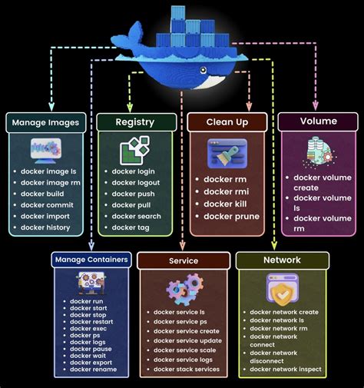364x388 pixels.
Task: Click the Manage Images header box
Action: tap(47, 122)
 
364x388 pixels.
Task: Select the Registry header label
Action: tap(135, 122)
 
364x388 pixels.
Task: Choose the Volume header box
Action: tap(317, 121)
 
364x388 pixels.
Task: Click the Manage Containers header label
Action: tap(91, 260)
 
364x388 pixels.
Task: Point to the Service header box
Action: tap(184, 260)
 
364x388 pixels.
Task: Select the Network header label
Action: tap(282, 260)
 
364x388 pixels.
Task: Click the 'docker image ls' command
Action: tap(49, 171)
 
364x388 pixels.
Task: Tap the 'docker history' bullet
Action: tap(45, 227)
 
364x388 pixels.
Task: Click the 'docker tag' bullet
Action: tap(130, 227)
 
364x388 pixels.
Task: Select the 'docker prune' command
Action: tap(231, 216)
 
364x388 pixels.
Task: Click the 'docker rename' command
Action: tap(93, 370)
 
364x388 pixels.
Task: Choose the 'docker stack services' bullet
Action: tap(187, 370)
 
